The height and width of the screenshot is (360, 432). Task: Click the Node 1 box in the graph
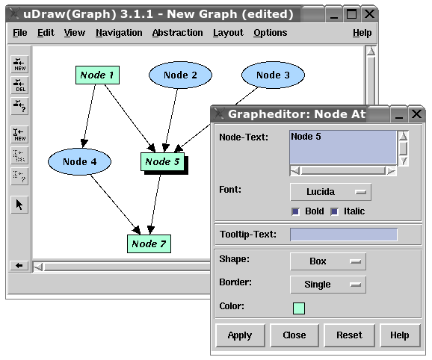tap(97, 75)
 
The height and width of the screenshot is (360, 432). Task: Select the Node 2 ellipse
tap(180, 75)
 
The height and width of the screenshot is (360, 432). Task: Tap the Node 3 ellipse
tap(273, 75)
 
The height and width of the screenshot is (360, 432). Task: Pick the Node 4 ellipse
tap(80, 161)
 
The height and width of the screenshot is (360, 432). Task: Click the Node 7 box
tap(149, 243)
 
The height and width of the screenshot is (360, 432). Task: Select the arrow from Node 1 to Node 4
tap(89, 116)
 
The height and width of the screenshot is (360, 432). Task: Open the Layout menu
tap(228, 33)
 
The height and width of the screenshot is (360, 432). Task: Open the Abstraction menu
tap(177, 33)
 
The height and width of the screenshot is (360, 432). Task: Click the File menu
tap(20, 33)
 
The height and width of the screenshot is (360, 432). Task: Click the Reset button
tap(349, 335)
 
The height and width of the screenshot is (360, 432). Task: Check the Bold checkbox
tap(296, 211)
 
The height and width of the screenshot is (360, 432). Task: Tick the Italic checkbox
tap(335, 211)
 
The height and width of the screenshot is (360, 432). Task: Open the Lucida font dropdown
tap(330, 192)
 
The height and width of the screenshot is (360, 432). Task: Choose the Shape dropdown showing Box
tap(328, 261)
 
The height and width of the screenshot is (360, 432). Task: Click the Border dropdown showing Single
tap(328, 285)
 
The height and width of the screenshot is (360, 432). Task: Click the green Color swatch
tap(299, 308)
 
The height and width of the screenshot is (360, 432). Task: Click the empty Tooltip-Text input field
tap(344, 235)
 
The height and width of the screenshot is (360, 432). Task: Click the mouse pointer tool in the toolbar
tap(19, 205)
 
